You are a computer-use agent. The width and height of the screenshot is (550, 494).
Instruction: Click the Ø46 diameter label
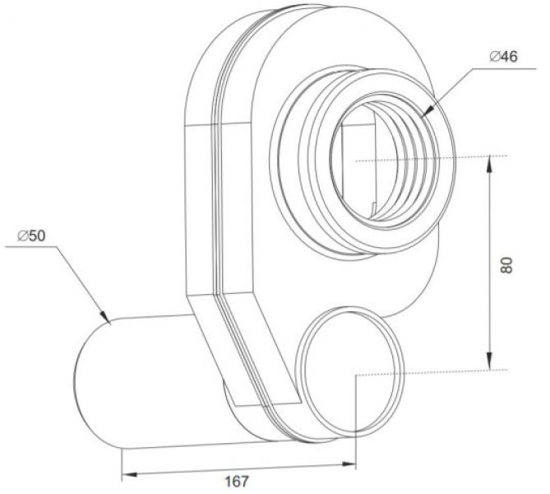[503, 57]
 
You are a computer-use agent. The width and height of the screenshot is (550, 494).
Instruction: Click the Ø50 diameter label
[31, 235]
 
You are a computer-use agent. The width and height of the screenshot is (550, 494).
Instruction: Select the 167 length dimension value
[237, 481]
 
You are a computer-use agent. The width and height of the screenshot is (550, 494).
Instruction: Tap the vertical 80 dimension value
[507, 265]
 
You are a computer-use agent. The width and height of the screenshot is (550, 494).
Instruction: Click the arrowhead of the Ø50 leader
[104, 316]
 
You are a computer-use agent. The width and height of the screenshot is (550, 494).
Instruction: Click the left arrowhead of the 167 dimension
[129, 475]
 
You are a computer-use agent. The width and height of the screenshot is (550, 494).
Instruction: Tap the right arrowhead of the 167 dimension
[349, 464]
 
